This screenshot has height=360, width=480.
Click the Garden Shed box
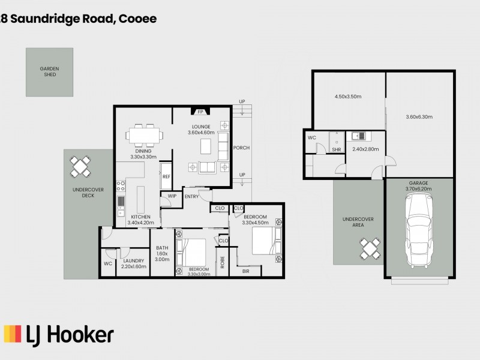pyautogui.click(x=49, y=72)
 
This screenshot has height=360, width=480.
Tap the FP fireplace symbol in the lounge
pyautogui.click(x=200, y=112)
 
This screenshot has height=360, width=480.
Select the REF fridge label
pyautogui.click(x=166, y=177)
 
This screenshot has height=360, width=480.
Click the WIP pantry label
pyautogui.click(x=172, y=196)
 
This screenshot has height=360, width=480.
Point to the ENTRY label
pyautogui.click(x=191, y=196)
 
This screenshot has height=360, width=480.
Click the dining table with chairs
pyautogui.click(x=144, y=136)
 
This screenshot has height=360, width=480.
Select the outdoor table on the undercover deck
pyautogui.click(x=80, y=167)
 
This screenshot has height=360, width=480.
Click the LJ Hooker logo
pyautogui.click(x=58, y=334)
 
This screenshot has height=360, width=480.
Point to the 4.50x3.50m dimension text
pyautogui.click(x=347, y=96)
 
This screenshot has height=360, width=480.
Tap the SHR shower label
pyautogui.click(x=337, y=149)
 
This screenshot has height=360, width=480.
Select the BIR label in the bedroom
pyautogui.click(x=246, y=271)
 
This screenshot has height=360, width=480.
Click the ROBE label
pyautogui.click(x=222, y=262)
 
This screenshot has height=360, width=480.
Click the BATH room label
pyautogui.click(x=162, y=248)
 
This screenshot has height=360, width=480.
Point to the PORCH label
pyautogui.click(x=241, y=148)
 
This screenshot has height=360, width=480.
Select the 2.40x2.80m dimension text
pyautogui.click(x=365, y=149)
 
